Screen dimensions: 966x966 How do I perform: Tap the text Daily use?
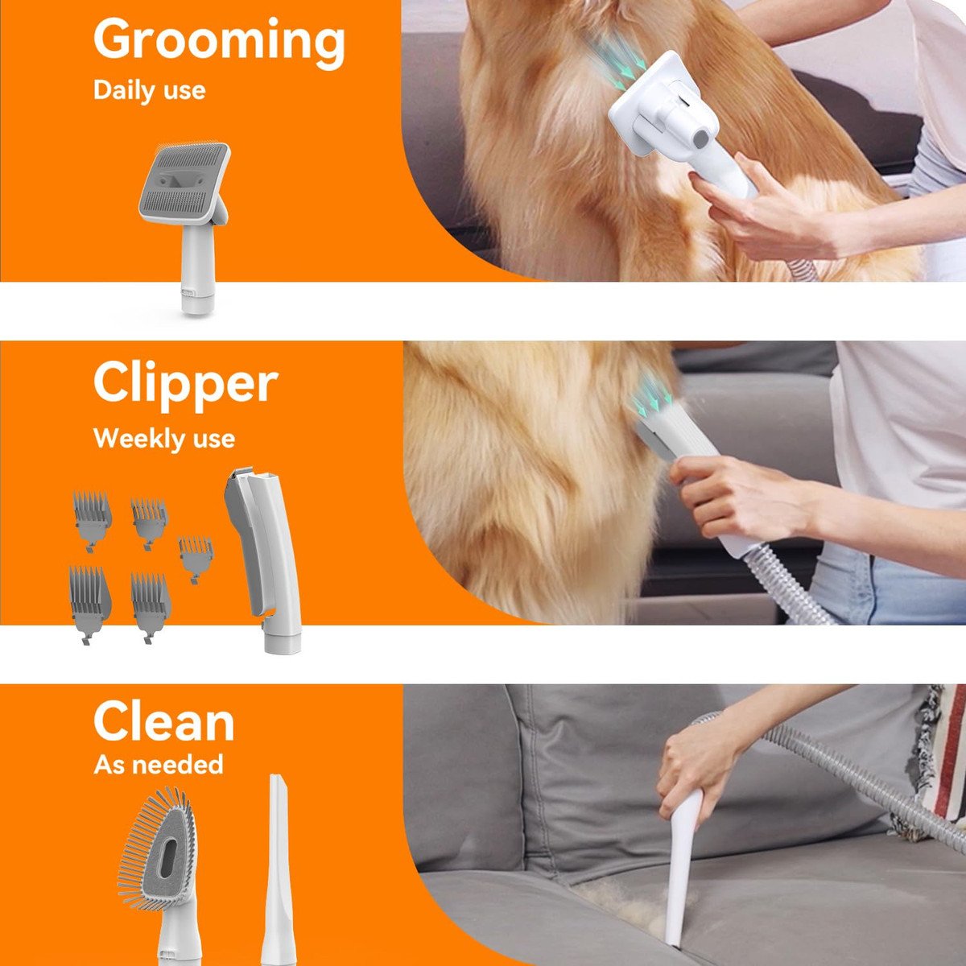150,90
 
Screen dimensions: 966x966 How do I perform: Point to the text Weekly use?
164,438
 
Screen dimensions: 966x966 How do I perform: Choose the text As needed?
159,765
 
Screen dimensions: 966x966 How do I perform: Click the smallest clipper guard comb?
196,557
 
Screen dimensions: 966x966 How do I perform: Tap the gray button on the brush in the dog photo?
700,136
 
